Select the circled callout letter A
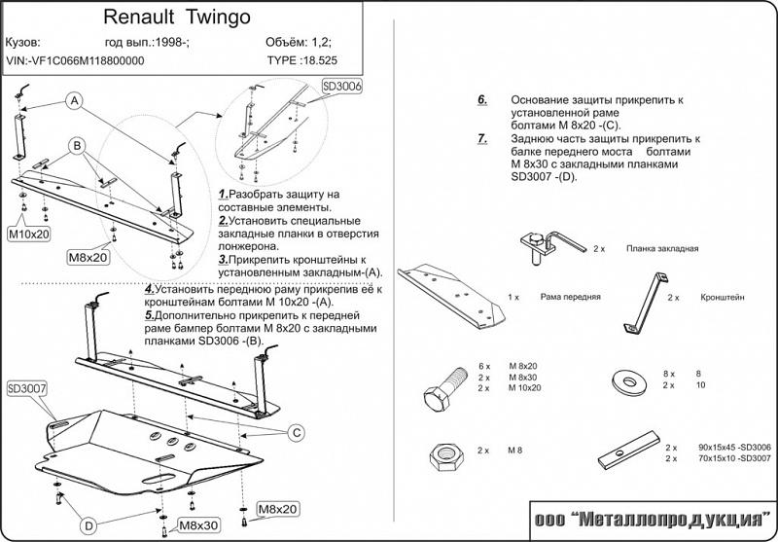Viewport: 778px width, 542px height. tap(74, 102)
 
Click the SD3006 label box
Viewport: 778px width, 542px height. tap(341, 88)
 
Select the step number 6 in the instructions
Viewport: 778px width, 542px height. tap(482, 100)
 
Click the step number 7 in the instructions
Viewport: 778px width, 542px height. tap(482, 139)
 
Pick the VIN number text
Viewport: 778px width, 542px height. tap(75, 60)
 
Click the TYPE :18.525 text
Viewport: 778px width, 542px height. tap(301, 60)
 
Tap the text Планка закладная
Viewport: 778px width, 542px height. tap(662, 249)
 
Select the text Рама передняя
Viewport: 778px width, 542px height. tap(567, 295)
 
